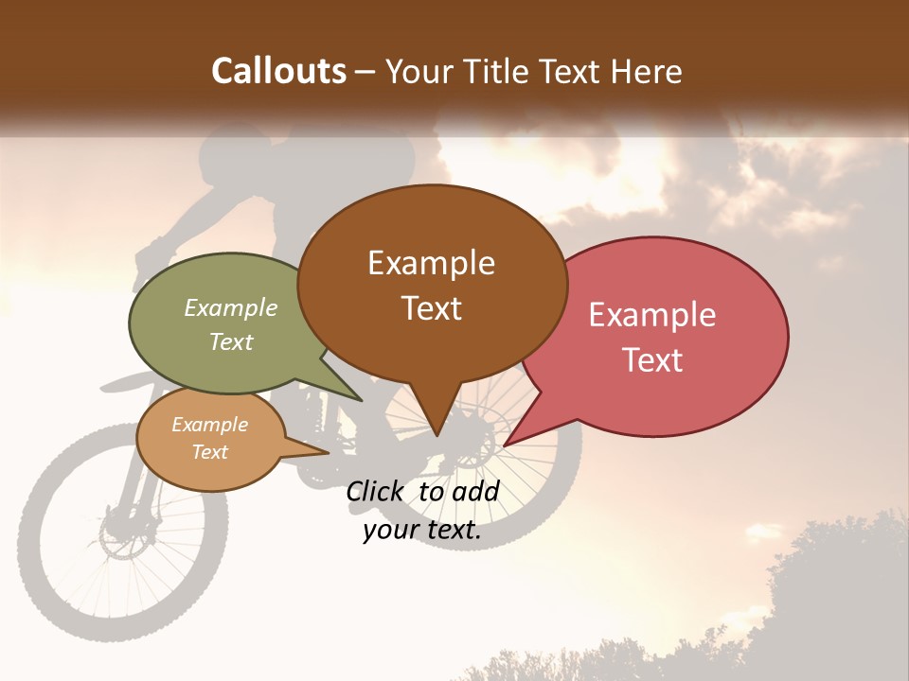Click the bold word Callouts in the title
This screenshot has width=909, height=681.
278,71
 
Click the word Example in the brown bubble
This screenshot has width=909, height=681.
431,263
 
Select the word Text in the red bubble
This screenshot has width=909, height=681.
652,360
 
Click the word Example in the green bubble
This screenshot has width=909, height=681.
231,307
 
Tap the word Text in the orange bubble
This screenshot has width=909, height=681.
210,452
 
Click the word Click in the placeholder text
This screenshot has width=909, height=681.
376,491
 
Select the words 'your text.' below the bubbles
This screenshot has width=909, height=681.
422,531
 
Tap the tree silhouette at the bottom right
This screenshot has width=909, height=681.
833,586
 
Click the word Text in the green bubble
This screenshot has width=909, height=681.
231,341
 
